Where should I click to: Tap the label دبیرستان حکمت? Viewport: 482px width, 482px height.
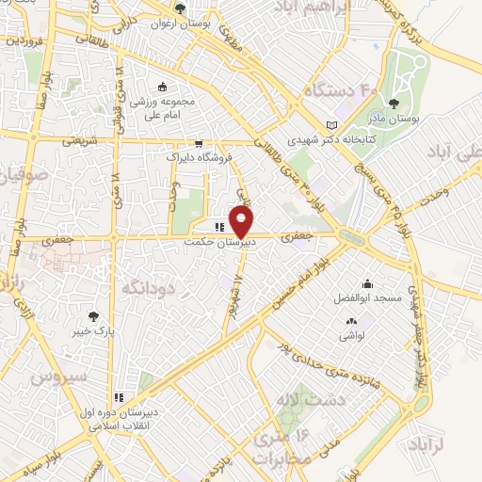pyautogui.click(x=218, y=241)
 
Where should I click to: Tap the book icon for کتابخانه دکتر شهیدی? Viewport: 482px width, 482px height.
pyautogui.click(x=329, y=124)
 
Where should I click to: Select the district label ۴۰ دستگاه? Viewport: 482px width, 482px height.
pyautogui.click(x=335, y=90)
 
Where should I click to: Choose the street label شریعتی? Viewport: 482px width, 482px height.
pyautogui.click(x=79, y=140)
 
